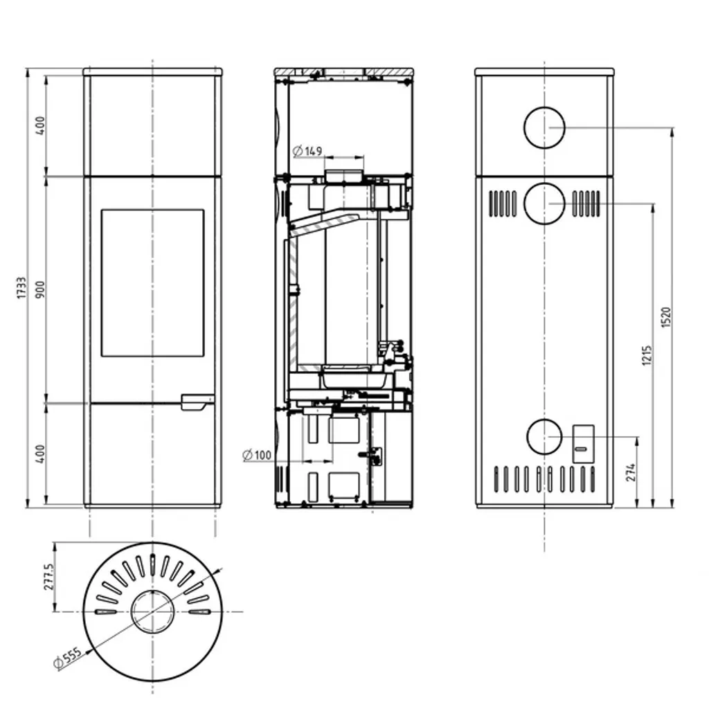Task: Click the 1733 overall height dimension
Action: (21, 288)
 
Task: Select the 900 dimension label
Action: (40, 289)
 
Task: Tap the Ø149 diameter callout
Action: (307, 151)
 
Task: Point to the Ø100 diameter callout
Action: (257, 455)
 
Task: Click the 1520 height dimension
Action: (666, 317)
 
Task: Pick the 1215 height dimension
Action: (647, 355)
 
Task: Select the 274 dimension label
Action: (631, 472)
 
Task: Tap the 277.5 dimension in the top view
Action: (49, 577)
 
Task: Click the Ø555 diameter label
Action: (68, 658)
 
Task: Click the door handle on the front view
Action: (197, 402)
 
